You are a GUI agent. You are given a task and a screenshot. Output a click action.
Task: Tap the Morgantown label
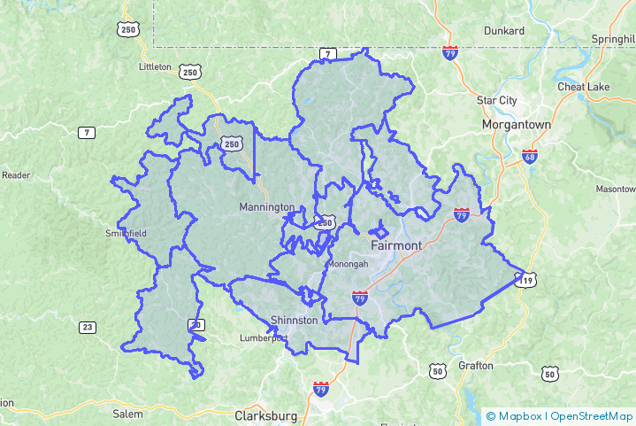click(x=516, y=125)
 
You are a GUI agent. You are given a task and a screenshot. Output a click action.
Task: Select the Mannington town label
click(x=266, y=207)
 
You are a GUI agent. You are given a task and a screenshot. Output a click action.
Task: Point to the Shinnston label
click(x=293, y=320)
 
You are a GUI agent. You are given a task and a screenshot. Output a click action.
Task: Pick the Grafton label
click(x=475, y=365)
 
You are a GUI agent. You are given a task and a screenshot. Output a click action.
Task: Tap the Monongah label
click(x=348, y=264)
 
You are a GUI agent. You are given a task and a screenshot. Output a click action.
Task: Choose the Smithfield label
click(x=126, y=234)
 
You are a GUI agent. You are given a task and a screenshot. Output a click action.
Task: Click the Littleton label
click(x=156, y=66)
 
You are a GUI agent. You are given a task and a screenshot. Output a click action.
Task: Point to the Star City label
click(x=496, y=101)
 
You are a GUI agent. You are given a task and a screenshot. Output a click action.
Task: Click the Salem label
click(x=127, y=414)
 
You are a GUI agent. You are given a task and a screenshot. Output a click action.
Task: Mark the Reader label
click(x=16, y=175)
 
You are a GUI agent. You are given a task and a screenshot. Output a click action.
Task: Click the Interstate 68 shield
click(x=530, y=157)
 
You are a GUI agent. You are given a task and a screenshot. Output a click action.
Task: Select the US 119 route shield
click(x=526, y=281)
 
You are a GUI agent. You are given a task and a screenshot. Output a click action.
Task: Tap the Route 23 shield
click(x=87, y=328)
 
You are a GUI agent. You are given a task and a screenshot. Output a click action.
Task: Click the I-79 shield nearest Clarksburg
click(x=320, y=389)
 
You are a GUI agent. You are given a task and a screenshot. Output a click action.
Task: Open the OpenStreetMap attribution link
click(x=591, y=415)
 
